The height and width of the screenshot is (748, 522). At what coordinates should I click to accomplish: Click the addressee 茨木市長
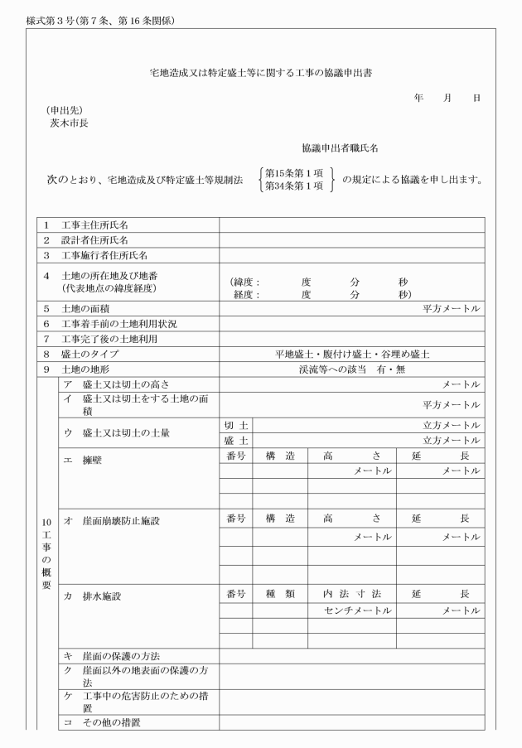[69, 123]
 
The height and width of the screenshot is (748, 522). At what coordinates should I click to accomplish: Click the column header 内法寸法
[351, 595]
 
